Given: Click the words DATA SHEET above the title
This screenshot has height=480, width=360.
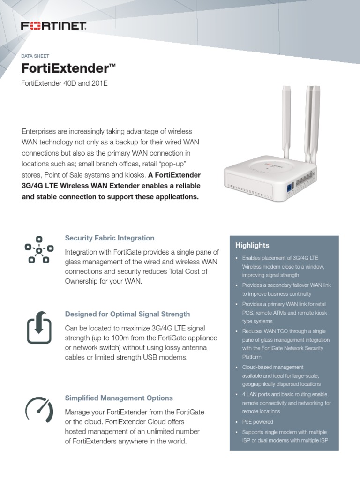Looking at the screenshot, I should (x=35, y=56).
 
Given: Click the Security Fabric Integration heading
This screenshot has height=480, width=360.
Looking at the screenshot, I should (x=109, y=238).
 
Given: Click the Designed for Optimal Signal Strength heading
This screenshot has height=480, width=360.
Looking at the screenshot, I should (x=127, y=314).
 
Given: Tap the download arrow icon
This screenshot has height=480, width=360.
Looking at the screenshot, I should (x=39, y=327).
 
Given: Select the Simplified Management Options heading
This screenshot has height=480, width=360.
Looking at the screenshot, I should (x=119, y=398).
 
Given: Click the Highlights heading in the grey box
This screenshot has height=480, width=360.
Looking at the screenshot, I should (x=252, y=245).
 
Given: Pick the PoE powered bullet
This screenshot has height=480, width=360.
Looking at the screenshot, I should (x=257, y=422).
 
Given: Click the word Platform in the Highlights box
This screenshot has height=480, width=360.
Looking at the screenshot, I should (x=252, y=357).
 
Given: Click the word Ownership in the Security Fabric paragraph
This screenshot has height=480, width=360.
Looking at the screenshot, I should (x=84, y=281).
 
